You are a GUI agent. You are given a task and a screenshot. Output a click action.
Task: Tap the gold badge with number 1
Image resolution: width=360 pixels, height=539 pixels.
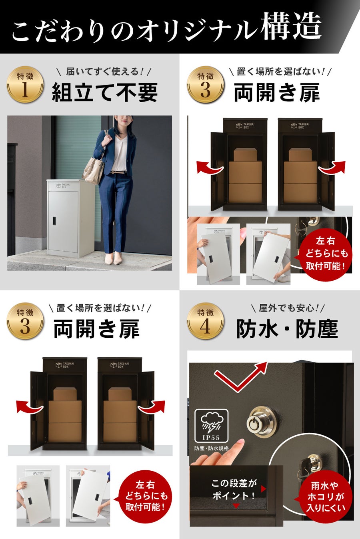25,85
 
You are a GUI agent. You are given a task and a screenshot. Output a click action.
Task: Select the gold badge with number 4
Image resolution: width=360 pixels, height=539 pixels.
206,321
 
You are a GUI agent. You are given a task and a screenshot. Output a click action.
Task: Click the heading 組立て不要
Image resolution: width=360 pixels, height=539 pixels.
105,92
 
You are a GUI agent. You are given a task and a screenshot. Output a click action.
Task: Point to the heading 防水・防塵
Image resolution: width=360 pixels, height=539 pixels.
287,329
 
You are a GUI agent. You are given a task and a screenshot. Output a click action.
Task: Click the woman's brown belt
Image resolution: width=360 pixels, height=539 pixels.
118,172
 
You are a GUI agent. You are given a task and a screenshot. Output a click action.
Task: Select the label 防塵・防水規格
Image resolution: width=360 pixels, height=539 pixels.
212,448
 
